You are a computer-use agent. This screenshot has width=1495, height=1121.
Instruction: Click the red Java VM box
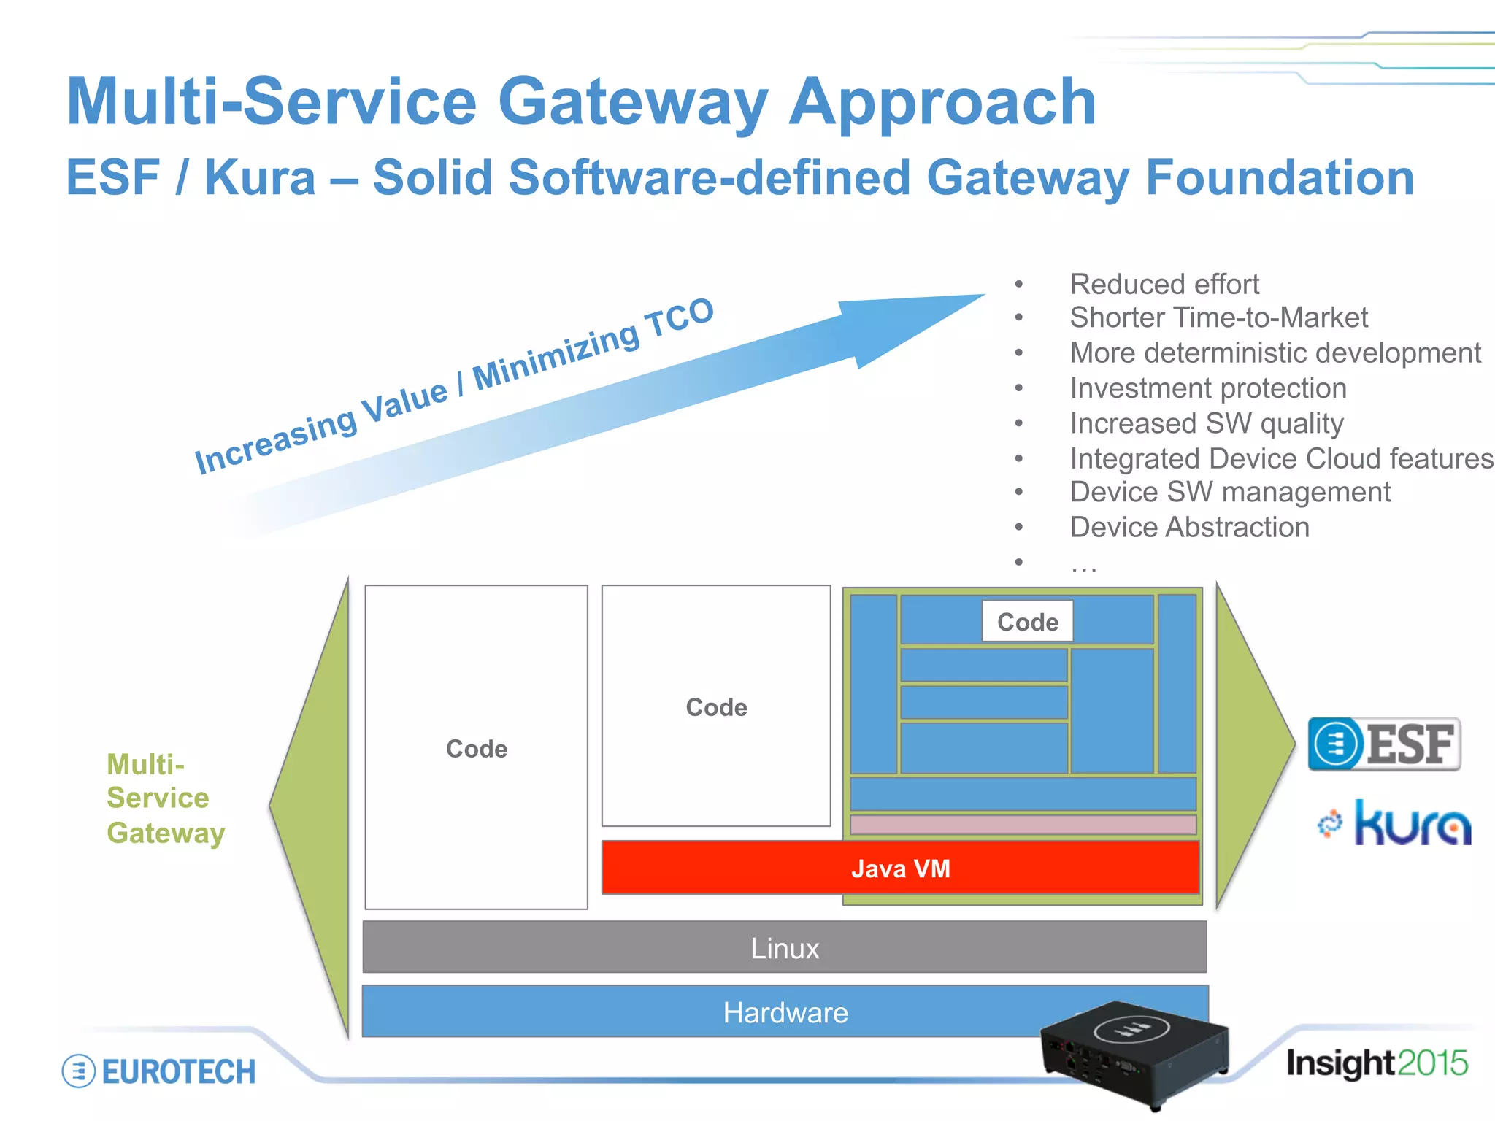tap(900, 868)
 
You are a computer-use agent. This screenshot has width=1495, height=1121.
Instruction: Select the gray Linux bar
tap(785, 947)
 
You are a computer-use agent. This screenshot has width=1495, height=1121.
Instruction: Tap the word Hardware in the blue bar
tap(785, 1013)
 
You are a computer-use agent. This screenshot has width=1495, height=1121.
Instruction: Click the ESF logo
tap(1384, 744)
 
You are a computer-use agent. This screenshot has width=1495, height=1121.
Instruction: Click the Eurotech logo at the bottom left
tap(159, 1071)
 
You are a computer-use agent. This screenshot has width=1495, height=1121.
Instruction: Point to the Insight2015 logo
tap(1377, 1063)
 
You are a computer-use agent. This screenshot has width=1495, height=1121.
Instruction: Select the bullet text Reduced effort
tap(1164, 284)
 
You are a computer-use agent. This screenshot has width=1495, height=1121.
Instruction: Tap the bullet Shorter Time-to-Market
tap(1218, 317)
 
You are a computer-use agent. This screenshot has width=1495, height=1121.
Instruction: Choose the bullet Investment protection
tap(1208, 388)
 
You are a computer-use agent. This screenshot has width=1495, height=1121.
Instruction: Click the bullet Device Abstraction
tap(1189, 527)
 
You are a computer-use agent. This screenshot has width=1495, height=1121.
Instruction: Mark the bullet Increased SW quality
tap(1206, 423)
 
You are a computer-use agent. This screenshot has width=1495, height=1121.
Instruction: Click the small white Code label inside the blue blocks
tap(1027, 622)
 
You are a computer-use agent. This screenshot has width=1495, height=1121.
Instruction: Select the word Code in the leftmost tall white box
tap(477, 749)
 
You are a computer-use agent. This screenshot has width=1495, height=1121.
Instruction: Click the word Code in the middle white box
tap(716, 707)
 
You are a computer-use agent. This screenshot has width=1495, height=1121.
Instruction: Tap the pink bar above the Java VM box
tap(1023, 825)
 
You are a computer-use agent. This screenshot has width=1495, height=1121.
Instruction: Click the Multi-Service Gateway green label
tap(165, 798)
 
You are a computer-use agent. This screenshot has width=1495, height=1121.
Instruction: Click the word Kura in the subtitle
tap(260, 177)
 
